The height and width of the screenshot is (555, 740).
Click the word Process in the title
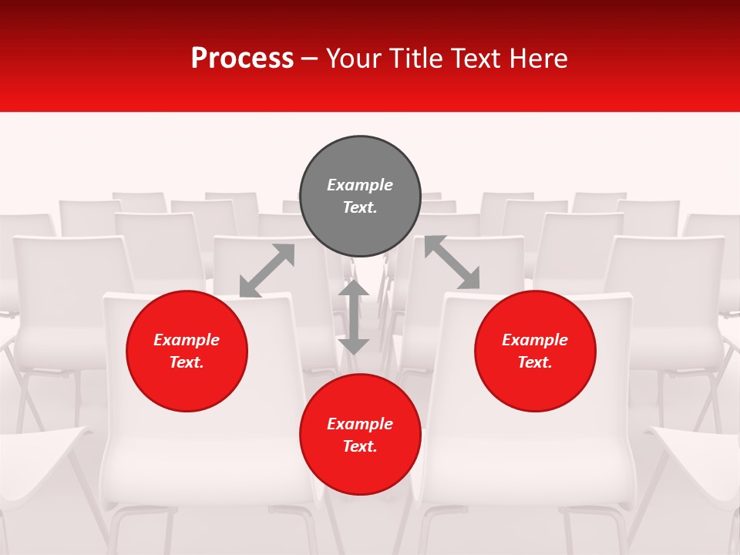pos(242,59)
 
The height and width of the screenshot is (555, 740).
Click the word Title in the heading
pos(415,59)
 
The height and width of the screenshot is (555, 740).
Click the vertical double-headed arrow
pos(354,317)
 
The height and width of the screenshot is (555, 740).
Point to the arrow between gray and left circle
pos(267,271)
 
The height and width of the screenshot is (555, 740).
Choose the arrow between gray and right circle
pos(452,263)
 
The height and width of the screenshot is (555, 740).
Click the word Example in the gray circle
pos(360,185)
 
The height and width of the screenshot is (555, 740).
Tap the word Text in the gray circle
pos(358,207)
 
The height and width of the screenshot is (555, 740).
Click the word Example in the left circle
pos(187,340)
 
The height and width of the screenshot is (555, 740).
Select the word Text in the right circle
pos(533,362)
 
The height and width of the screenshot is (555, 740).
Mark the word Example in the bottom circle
pos(360,424)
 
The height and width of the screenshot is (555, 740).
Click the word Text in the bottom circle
pos(358,446)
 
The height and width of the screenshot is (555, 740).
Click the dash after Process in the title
pos(310,59)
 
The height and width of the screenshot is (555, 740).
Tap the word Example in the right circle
pos(535,340)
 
